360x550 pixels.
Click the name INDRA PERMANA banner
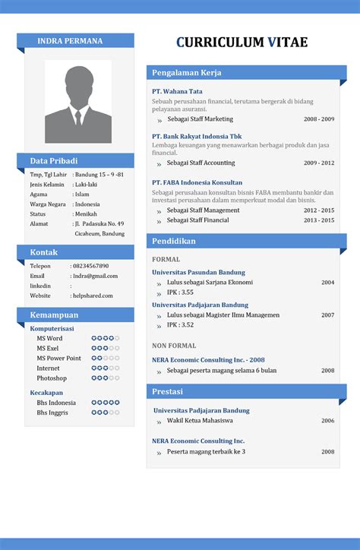pyautogui.click(x=70, y=41)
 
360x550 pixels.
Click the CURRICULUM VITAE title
pyautogui.click(x=242, y=43)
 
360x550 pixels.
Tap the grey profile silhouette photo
pyautogui.click(x=77, y=102)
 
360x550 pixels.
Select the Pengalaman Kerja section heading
pyautogui.click(x=187, y=73)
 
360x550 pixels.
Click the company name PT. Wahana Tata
pyautogui.click(x=177, y=91)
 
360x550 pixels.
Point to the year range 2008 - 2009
pyautogui.click(x=319, y=119)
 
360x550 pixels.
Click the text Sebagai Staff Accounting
pyautogui.click(x=201, y=163)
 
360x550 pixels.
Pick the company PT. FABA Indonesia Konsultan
pyautogui.click(x=197, y=182)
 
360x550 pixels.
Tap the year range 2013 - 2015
pyautogui.click(x=319, y=220)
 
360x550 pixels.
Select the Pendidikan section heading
pyautogui.click(x=174, y=242)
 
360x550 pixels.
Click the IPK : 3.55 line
pyautogui.click(x=180, y=292)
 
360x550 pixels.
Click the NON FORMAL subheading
pyautogui.click(x=174, y=345)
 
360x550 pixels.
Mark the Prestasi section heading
pyautogui.click(x=169, y=392)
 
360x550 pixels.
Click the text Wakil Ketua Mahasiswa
pyautogui.click(x=200, y=420)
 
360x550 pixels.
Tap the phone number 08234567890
pyautogui.click(x=90, y=266)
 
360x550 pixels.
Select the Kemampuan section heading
pyautogui.click(x=54, y=315)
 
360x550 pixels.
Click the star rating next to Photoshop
pyautogui.click(x=106, y=378)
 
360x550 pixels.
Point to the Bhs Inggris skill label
pyautogui.click(x=52, y=412)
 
